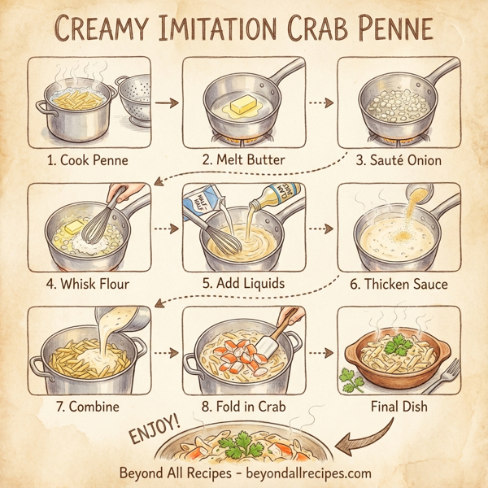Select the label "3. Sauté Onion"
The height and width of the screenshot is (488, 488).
coord(398,159)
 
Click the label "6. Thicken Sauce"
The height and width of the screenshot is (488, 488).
coord(398,285)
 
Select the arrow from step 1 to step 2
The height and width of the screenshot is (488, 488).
coord(166,103)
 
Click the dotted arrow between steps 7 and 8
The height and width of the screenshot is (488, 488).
coord(166,353)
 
